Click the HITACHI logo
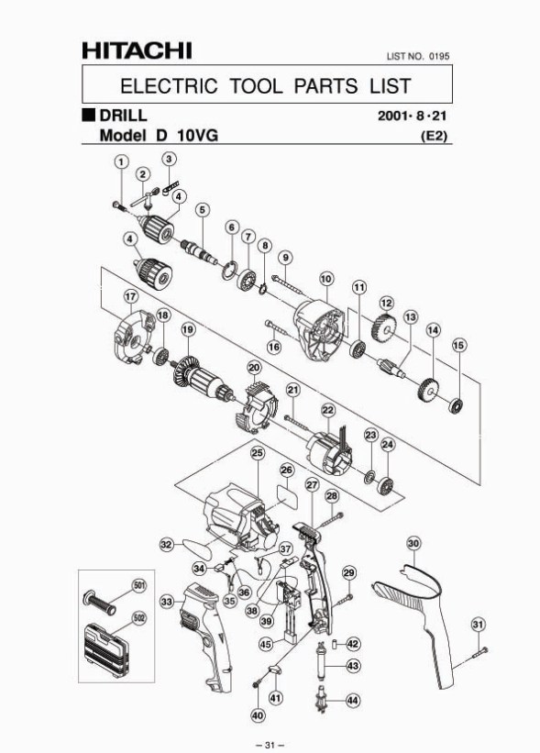pyautogui.click(x=137, y=50)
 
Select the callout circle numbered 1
pyautogui.click(x=121, y=161)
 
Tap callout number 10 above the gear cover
pyautogui.click(x=326, y=279)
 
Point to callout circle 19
pyautogui.click(x=189, y=329)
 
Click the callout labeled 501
pyautogui.click(x=139, y=586)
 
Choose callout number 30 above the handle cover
pyautogui.click(x=413, y=543)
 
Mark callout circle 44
pyautogui.click(x=352, y=701)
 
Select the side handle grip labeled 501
pyautogui.click(x=99, y=602)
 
